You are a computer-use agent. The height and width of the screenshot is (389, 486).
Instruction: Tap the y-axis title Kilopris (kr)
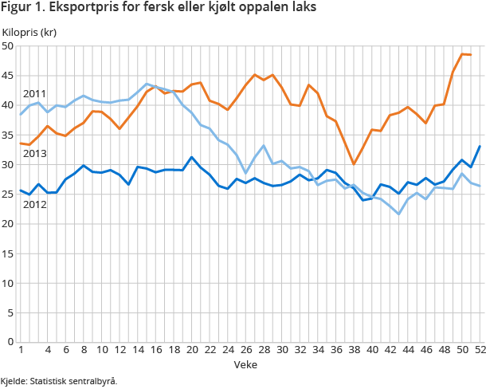pos(29,32)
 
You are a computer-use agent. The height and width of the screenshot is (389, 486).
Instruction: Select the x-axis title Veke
pos(245,363)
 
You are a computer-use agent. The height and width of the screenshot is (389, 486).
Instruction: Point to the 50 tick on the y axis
pos(9,46)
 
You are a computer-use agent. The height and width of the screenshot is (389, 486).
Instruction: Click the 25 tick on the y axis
pos(9,194)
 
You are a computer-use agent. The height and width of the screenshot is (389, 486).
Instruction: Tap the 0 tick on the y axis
pos(11,342)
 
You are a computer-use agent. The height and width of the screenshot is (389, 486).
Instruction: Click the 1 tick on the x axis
pos(20,350)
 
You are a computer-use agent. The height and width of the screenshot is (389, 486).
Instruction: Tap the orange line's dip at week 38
pos(353,164)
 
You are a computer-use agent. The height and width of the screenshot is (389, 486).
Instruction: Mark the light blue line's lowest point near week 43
pos(398,214)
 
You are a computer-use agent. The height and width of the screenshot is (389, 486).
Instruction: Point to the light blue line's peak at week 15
pos(147,84)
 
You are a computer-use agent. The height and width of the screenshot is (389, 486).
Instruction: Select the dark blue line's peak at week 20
pos(191,157)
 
